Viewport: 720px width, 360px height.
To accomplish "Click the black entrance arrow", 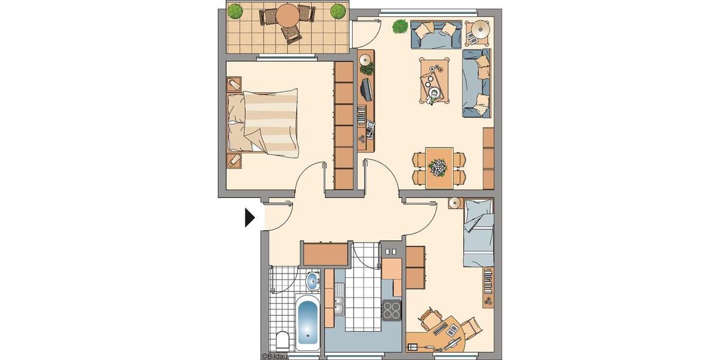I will coord(250,217).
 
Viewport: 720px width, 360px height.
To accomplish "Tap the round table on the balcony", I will coord(289,15).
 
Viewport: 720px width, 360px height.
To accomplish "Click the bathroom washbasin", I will coord(313,280).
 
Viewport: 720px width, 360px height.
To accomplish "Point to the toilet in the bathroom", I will coord(282,341).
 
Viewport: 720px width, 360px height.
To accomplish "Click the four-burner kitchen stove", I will coord(392,310).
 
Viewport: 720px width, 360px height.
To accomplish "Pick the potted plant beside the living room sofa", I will coord(400,26).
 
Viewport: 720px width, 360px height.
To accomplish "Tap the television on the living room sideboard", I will coord(365,90).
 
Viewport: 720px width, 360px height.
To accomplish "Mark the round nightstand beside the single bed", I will coord(454,203).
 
